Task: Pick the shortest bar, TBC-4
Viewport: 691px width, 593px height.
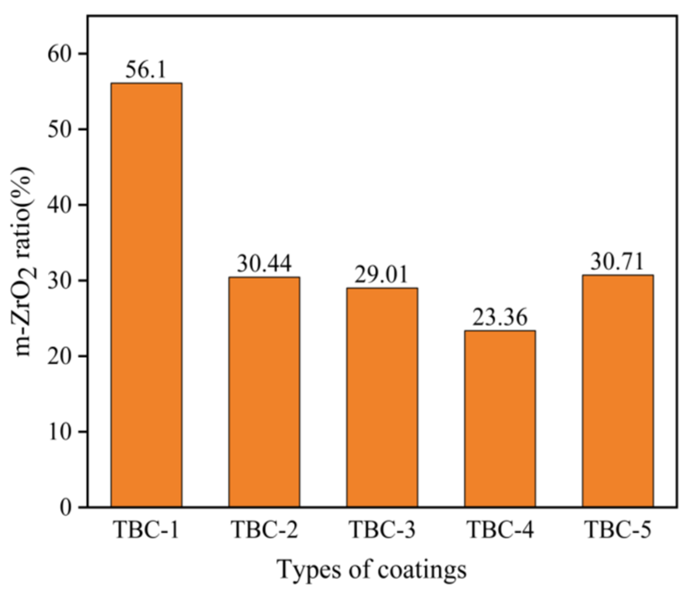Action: (x=500, y=419)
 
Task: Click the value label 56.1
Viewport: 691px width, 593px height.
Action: (x=146, y=70)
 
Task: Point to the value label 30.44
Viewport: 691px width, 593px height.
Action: (x=264, y=264)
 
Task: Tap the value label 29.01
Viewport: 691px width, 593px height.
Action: (x=381, y=275)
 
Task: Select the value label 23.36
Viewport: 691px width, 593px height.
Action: (x=500, y=317)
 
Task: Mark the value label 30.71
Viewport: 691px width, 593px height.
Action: (x=617, y=262)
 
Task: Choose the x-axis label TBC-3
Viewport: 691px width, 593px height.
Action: (x=382, y=529)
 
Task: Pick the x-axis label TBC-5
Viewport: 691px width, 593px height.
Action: (x=618, y=529)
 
